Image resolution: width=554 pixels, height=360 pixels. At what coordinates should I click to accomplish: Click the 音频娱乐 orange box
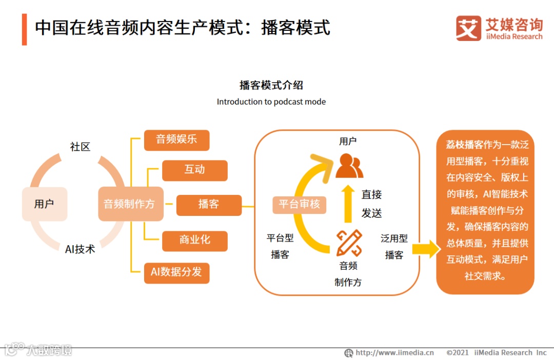point(176,140)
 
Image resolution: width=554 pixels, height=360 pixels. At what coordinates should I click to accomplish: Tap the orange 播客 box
point(209,205)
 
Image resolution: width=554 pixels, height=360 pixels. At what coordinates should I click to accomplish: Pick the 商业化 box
point(194,241)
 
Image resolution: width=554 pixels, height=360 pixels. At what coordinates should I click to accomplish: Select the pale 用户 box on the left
point(44,204)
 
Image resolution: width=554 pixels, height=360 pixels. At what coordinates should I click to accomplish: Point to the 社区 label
point(80,147)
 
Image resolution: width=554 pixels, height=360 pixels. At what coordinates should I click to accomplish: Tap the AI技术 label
point(80,250)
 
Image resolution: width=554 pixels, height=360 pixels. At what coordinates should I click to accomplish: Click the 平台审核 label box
point(299,205)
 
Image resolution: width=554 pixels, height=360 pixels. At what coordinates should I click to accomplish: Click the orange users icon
point(349,165)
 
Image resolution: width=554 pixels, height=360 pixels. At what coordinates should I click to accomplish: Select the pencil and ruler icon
point(349,243)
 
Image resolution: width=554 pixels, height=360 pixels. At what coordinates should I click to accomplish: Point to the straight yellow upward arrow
point(349,203)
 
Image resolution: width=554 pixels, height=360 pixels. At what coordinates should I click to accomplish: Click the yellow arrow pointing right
point(426,250)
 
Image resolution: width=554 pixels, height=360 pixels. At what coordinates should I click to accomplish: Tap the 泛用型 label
point(394,238)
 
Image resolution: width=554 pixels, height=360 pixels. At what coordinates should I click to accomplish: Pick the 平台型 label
point(280,238)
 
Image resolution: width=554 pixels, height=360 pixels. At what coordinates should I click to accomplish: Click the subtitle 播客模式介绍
point(271,85)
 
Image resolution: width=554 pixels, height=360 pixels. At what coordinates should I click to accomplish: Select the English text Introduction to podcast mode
point(271,102)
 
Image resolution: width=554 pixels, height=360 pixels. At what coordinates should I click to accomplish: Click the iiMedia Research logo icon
point(468,28)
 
